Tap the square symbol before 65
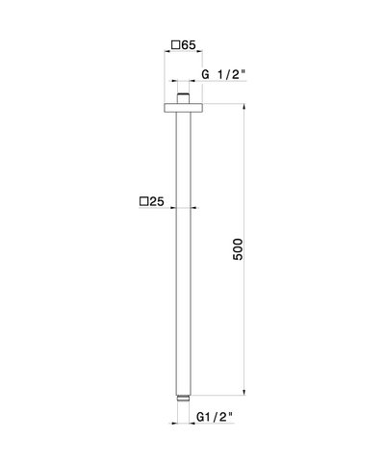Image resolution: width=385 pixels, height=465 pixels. (x=176, y=44)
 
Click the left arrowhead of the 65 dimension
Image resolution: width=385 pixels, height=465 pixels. (x=164, y=57)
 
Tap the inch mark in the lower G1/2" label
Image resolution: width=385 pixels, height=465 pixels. (x=232, y=415)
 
